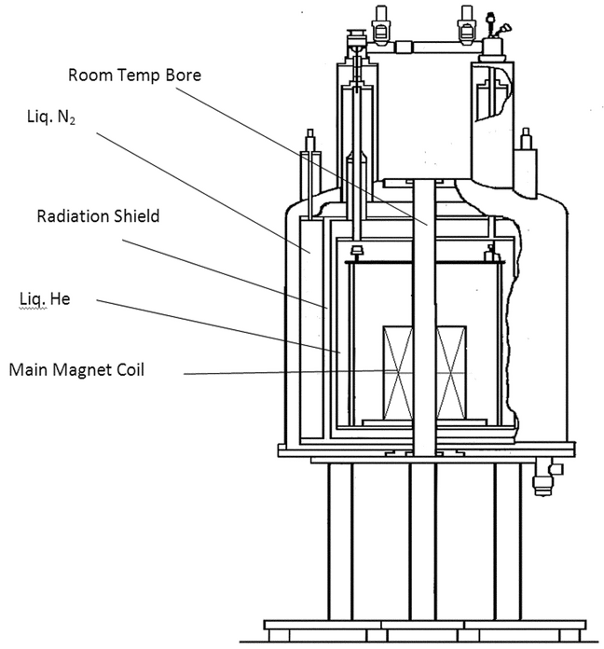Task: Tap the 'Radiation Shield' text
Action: pos(98,217)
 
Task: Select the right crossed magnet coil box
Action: pos(454,372)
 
